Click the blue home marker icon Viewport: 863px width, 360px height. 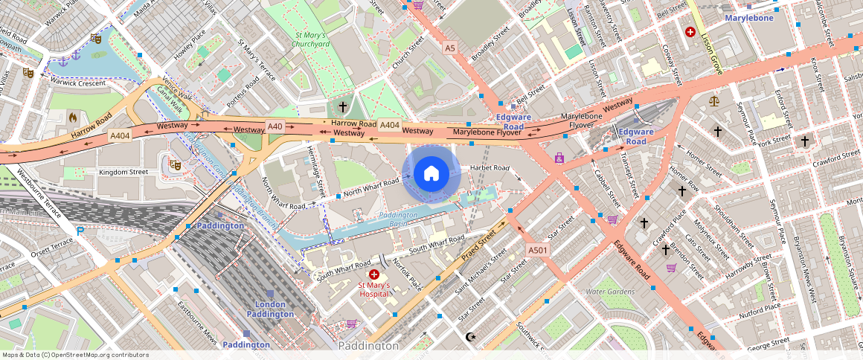(x=431, y=174)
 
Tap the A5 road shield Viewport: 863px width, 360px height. (x=449, y=48)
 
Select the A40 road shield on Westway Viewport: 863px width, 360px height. (x=275, y=126)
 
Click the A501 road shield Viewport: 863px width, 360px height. (x=537, y=250)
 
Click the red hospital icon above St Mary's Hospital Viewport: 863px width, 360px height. (x=374, y=274)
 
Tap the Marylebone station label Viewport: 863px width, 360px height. (x=748, y=17)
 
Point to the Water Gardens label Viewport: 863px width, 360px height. (x=610, y=291)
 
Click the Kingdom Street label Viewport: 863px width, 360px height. (x=123, y=172)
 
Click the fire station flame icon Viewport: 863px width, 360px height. (x=73, y=117)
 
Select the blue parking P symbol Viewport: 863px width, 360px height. (x=80, y=231)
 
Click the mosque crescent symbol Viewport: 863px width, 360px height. (x=469, y=337)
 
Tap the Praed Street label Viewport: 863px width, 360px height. (x=478, y=249)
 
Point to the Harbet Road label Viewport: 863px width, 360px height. (x=490, y=167)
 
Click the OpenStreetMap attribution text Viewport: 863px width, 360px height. (x=75, y=355)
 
